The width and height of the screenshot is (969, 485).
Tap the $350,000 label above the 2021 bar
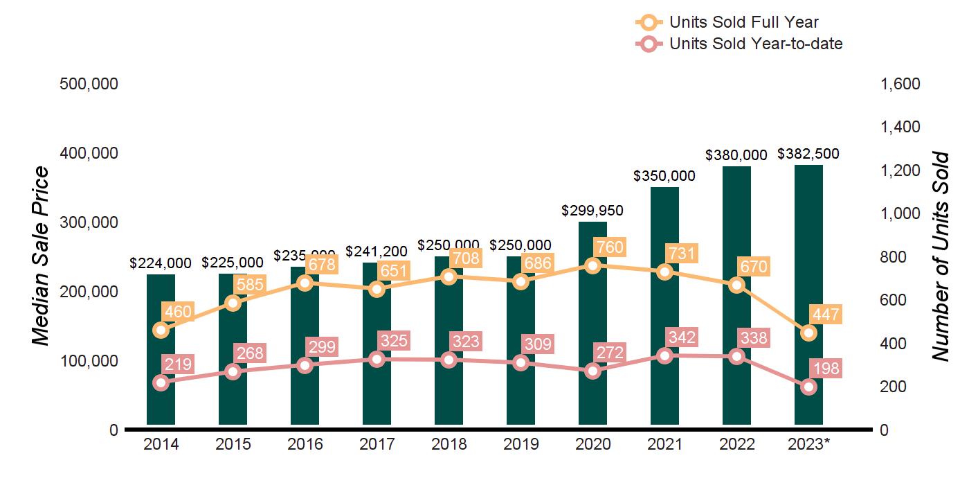coord(664,176)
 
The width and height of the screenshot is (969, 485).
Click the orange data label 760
coord(610,247)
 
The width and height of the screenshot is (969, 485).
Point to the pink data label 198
coord(826,369)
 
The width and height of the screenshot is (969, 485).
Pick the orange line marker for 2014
coord(161,330)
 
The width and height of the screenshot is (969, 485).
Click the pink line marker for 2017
coord(377,359)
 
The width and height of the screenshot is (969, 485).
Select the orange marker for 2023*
coord(808,333)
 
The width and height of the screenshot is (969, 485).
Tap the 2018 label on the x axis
coord(449,444)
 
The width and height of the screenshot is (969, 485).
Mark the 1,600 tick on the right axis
coord(900,84)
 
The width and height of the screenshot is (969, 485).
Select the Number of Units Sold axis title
coord(940,256)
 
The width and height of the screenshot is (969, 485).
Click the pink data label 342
coord(682,337)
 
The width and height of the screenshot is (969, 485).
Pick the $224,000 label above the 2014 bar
coord(161,263)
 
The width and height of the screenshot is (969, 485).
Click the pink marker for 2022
coord(736,357)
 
